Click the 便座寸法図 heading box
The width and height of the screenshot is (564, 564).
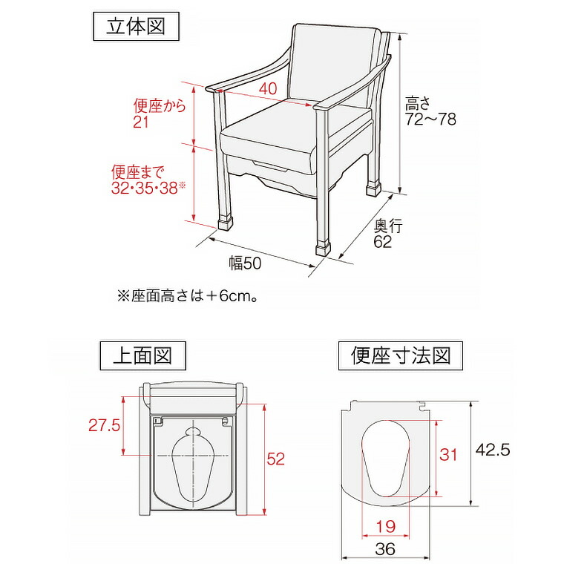pos(401,355)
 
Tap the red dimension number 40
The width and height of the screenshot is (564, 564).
pos(268,88)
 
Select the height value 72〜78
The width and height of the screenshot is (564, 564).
pos(430,119)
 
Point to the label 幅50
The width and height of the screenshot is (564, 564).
pos(246,263)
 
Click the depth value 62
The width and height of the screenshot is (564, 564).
pos(383,242)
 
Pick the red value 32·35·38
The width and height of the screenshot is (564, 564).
pos(145,188)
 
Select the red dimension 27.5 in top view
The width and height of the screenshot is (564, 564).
pos(103,426)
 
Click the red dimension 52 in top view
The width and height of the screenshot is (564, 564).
pos(276,459)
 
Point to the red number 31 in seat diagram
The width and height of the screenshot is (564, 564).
pos(449,455)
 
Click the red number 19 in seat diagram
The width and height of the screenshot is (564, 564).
pos(384,527)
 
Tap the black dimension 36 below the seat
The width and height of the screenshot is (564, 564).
pos(385,550)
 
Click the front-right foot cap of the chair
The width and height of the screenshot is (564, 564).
pos(324,246)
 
